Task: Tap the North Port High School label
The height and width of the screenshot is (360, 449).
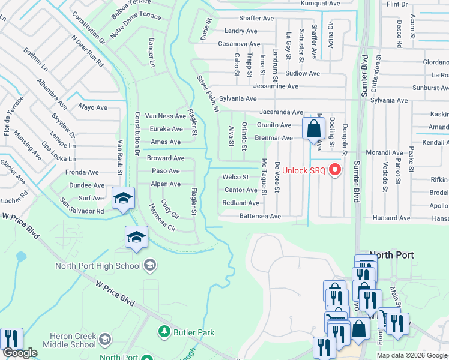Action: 97,266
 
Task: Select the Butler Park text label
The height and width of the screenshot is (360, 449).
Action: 193,332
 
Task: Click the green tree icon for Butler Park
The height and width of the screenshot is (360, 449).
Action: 163,331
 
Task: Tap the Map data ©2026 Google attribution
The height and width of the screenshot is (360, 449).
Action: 412,355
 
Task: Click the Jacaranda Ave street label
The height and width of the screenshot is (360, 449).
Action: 281,112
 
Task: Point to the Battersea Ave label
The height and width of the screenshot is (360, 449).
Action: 260,216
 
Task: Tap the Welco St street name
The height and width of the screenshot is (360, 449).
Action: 235,177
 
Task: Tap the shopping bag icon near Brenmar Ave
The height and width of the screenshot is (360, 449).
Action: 313,128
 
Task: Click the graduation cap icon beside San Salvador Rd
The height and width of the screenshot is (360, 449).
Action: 122,198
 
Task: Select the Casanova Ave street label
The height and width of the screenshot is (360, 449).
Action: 239,44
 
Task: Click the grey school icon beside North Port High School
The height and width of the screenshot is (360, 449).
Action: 149,265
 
